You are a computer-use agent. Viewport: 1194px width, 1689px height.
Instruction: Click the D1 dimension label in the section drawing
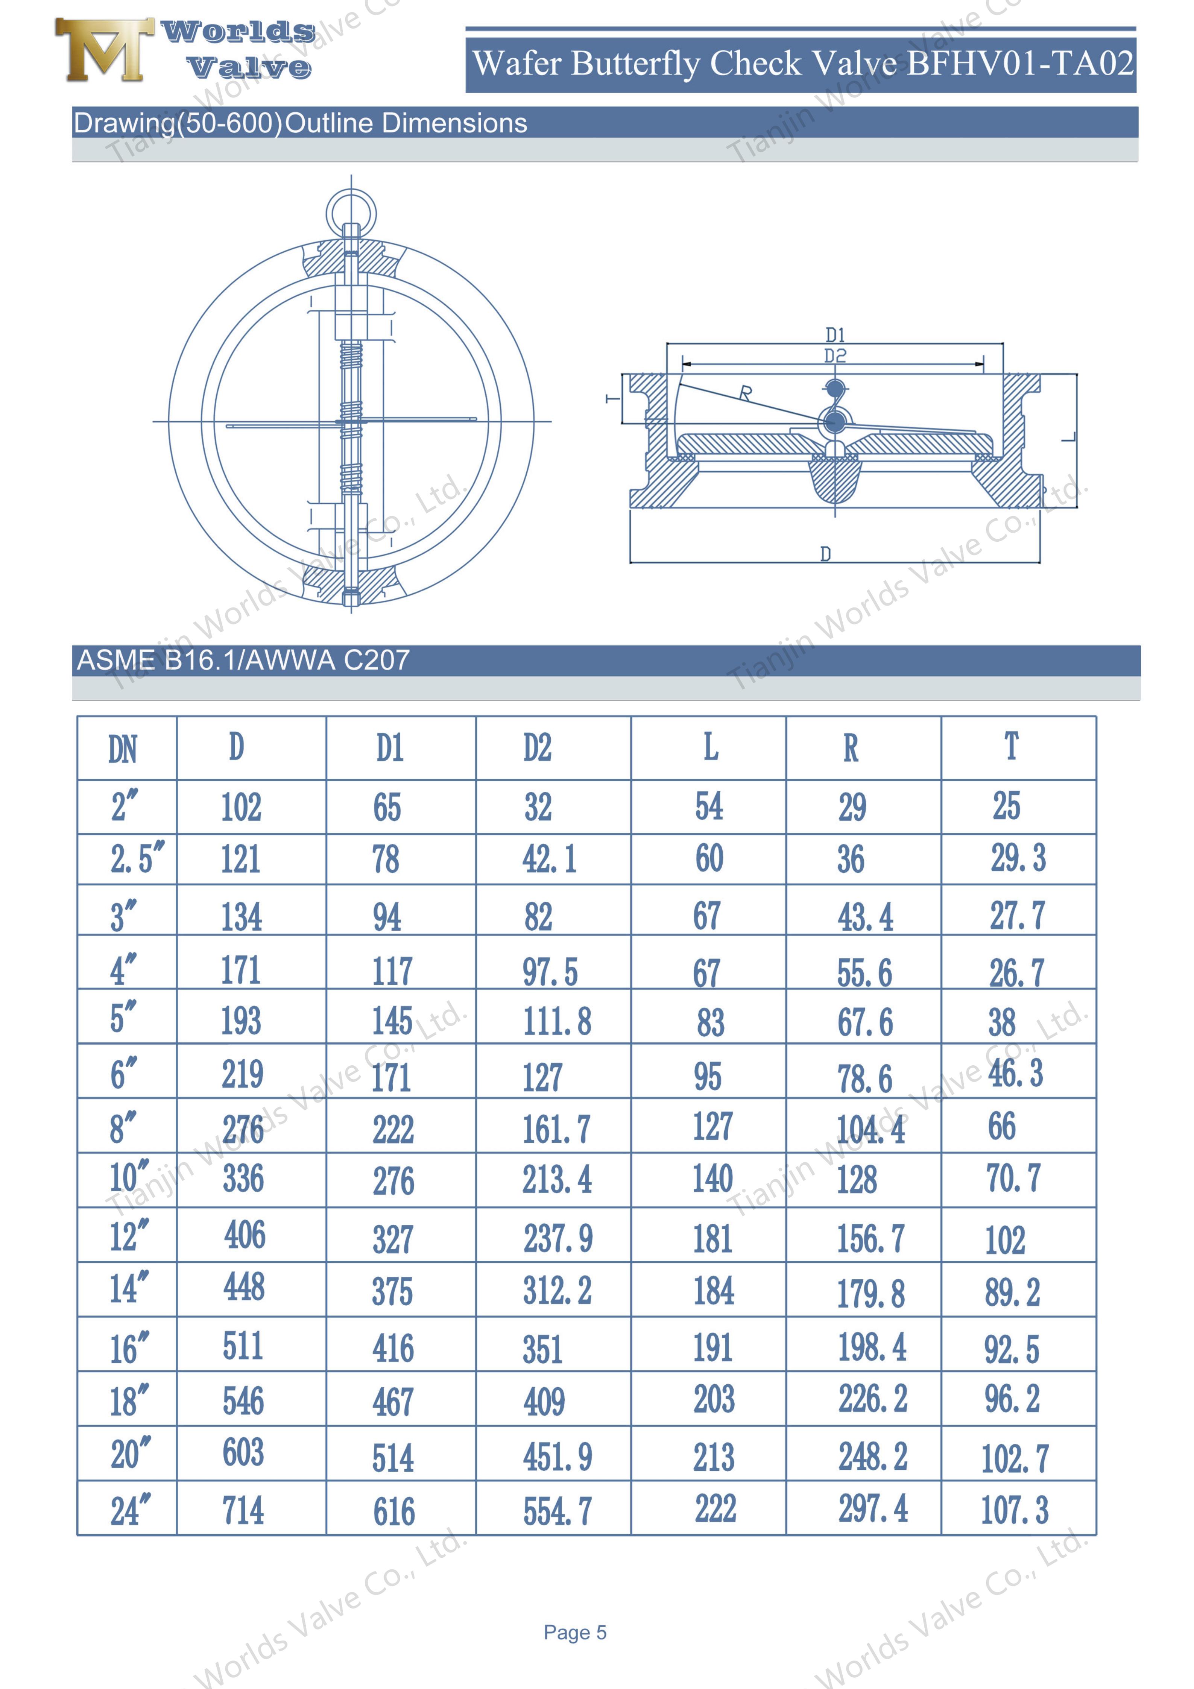click(x=835, y=336)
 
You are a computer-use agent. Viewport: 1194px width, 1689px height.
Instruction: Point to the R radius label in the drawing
click(x=745, y=393)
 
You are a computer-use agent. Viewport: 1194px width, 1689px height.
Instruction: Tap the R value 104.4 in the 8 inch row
click(x=870, y=1129)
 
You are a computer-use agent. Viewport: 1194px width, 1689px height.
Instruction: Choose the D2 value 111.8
click(x=557, y=1022)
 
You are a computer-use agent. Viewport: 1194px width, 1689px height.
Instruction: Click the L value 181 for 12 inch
click(x=712, y=1239)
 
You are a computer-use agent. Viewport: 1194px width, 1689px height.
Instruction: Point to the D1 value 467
click(x=393, y=1402)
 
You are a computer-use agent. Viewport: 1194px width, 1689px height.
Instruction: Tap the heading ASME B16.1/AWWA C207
click(x=243, y=660)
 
